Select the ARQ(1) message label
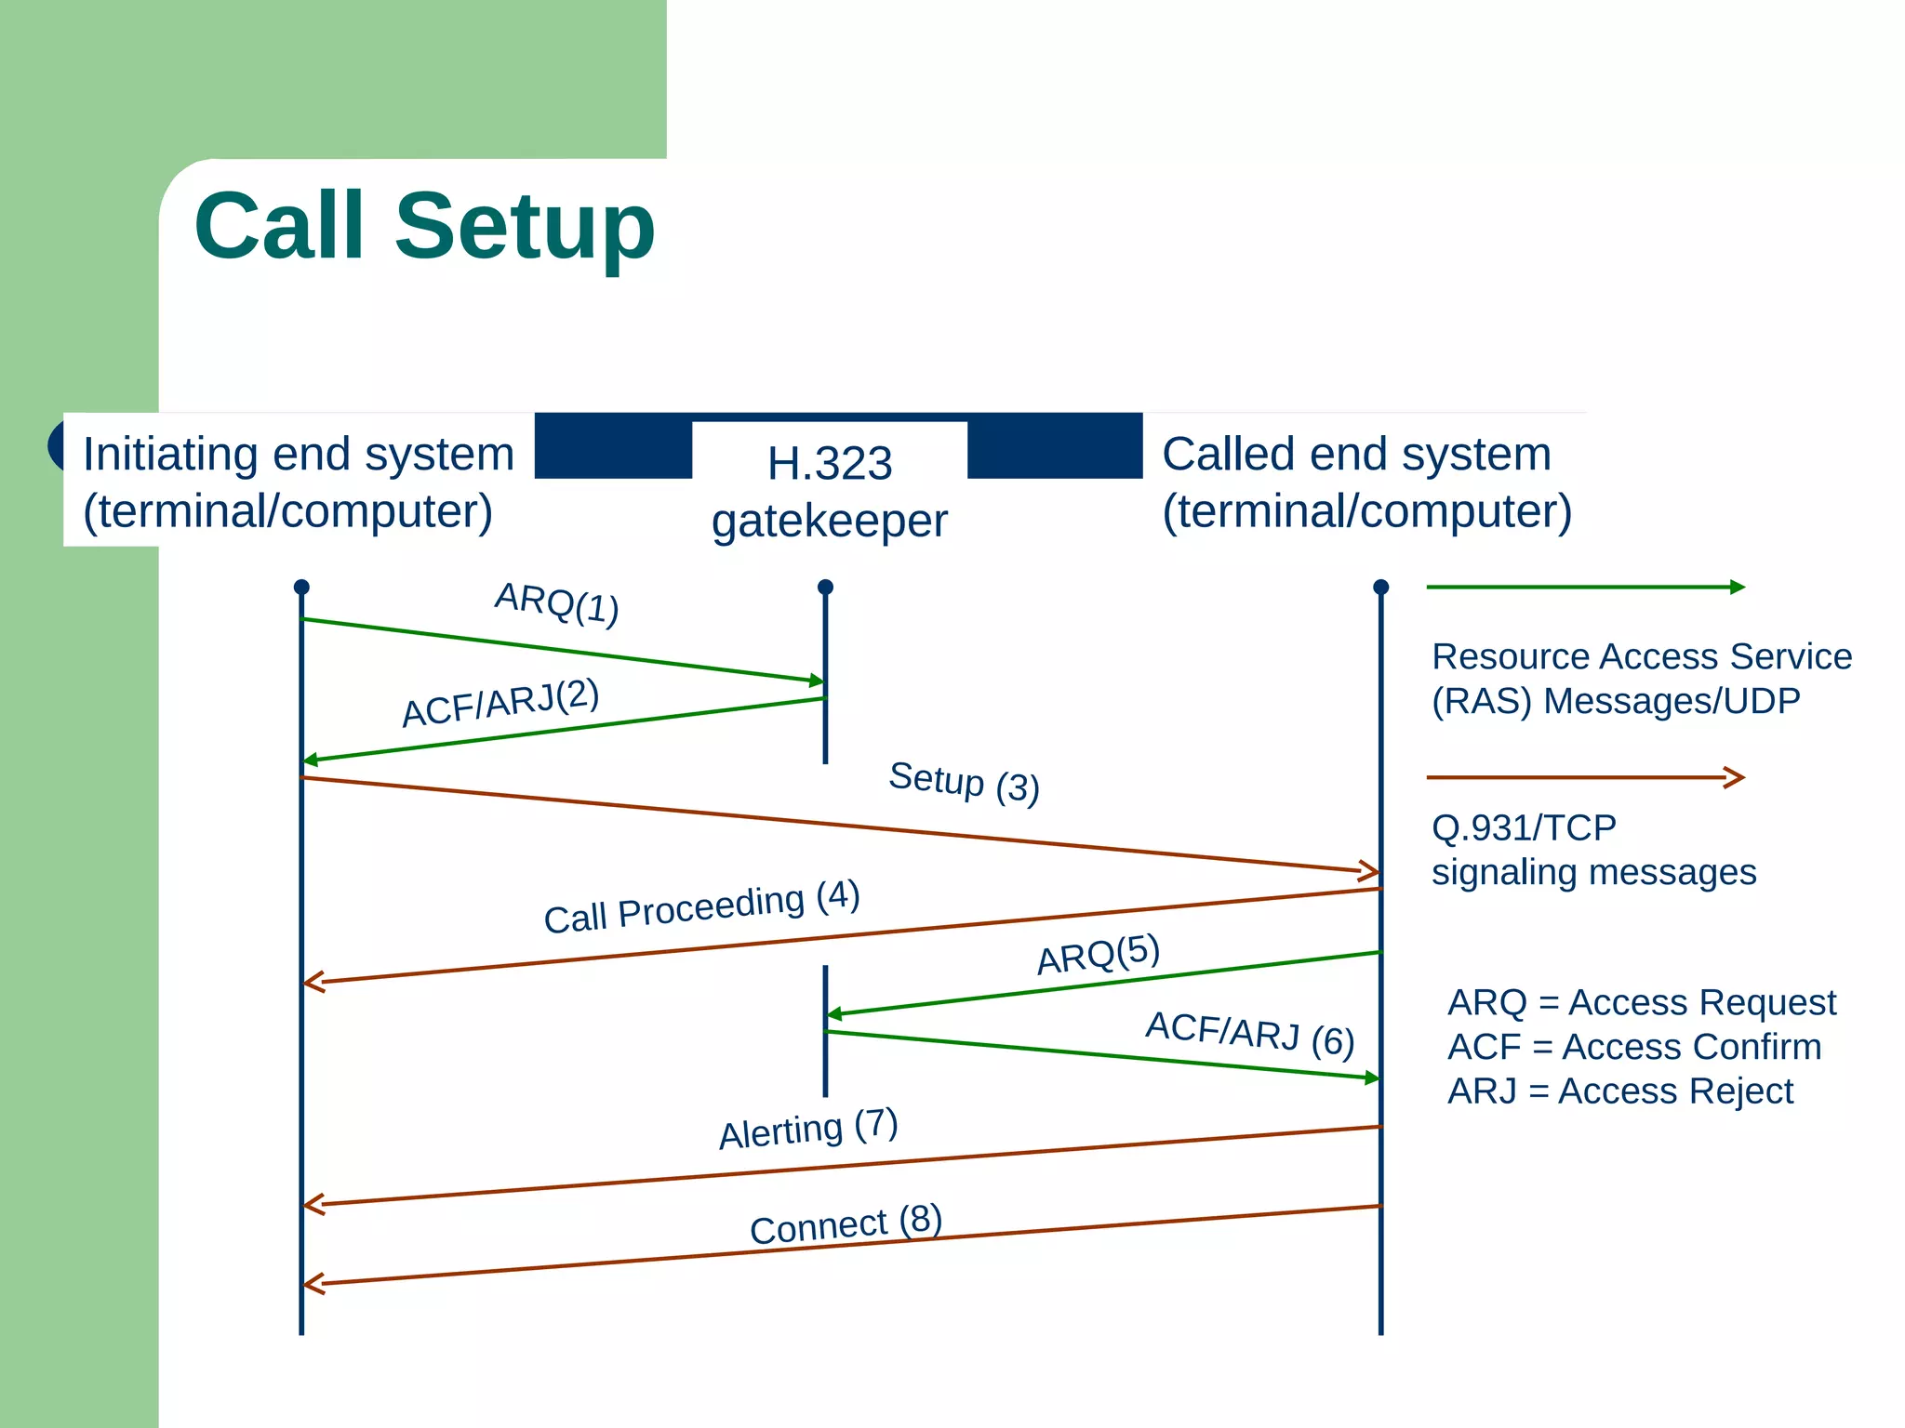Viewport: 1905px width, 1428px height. tap(556, 603)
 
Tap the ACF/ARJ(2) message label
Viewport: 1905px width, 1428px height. tap(500, 703)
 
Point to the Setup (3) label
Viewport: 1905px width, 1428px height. tap(964, 782)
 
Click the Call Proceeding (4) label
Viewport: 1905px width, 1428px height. tap(701, 907)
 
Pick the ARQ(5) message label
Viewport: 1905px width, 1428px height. tap(1099, 954)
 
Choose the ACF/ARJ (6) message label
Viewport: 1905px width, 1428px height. tap(1249, 1034)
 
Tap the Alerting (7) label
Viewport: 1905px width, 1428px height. tap(807, 1129)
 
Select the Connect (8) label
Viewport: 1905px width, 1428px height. tap(846, 1224)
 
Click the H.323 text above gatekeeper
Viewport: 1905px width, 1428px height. tap(830, 463)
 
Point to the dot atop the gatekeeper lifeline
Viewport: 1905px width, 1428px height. tap(825, 588)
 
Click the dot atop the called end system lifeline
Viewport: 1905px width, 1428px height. tap(1380, 588)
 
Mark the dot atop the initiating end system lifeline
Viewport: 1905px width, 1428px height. tap(301, 588)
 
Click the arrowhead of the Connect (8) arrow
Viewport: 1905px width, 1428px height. tap(313, 1284)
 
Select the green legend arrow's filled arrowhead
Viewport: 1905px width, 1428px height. tap(1737, 587)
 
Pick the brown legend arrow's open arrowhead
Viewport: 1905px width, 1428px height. tap(1735, 777)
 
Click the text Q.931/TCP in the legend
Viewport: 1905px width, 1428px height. tap(1524, 827)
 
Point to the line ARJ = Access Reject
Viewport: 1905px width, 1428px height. tap(1619, 1091)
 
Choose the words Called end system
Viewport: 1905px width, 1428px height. tap(1356, 455)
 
